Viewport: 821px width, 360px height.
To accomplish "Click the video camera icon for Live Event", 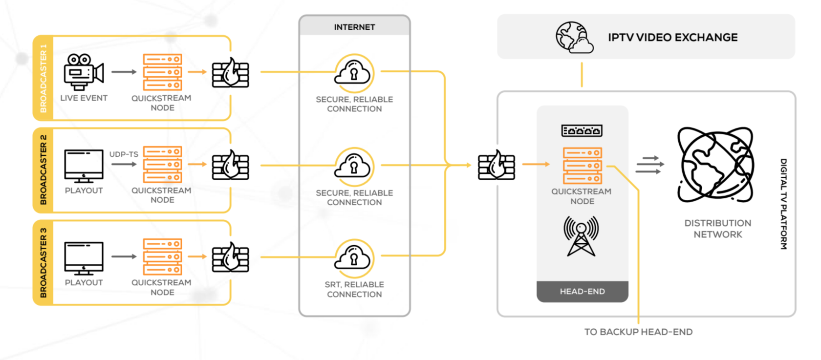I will pyautogui.click(x=84, y=72).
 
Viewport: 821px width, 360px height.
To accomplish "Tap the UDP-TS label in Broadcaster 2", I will pyautogui.click(x=124, y=154).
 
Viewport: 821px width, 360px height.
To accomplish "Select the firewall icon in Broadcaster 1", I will pyautogui.click(x=230, y=73).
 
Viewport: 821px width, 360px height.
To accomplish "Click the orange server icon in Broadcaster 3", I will pyautogui.click(x=162, y=257).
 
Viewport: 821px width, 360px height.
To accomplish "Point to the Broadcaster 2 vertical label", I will pyautogui.click(x=43, y=169).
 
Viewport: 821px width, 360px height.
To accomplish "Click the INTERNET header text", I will pyautogui.click(x=354, y=27).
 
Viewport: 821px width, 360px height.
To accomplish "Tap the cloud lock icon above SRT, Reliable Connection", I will pyautogui.click(x=354, y=258).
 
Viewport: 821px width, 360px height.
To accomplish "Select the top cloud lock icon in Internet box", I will pyautogui.click(x=354, y=73).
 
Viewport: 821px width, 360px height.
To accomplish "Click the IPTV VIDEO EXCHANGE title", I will pyautogui.click(x=672, y=38).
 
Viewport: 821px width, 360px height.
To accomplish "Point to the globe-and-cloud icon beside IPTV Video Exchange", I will pyautogui.click(x=574, y=37).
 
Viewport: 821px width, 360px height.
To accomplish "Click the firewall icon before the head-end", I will pyautogui.click(x=496, y=165).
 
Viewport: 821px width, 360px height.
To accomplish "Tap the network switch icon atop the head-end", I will pyautogui.click(x=582, y=131).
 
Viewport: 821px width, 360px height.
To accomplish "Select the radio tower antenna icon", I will pyautogui.click(x=581, y=236).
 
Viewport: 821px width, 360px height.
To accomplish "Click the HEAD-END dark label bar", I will pyautogui.click(x=582, y=292).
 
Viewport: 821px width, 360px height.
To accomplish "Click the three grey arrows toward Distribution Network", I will pyautogui.click(x=649, y=165).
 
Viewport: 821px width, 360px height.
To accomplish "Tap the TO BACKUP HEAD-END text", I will pyautogui.click(x=638, y=332).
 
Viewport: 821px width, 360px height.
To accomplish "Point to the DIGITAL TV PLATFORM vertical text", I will pyautogui.click(x=783, y=204).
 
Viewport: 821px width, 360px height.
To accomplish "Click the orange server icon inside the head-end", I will pyautogui.click(x=582, y=166).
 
